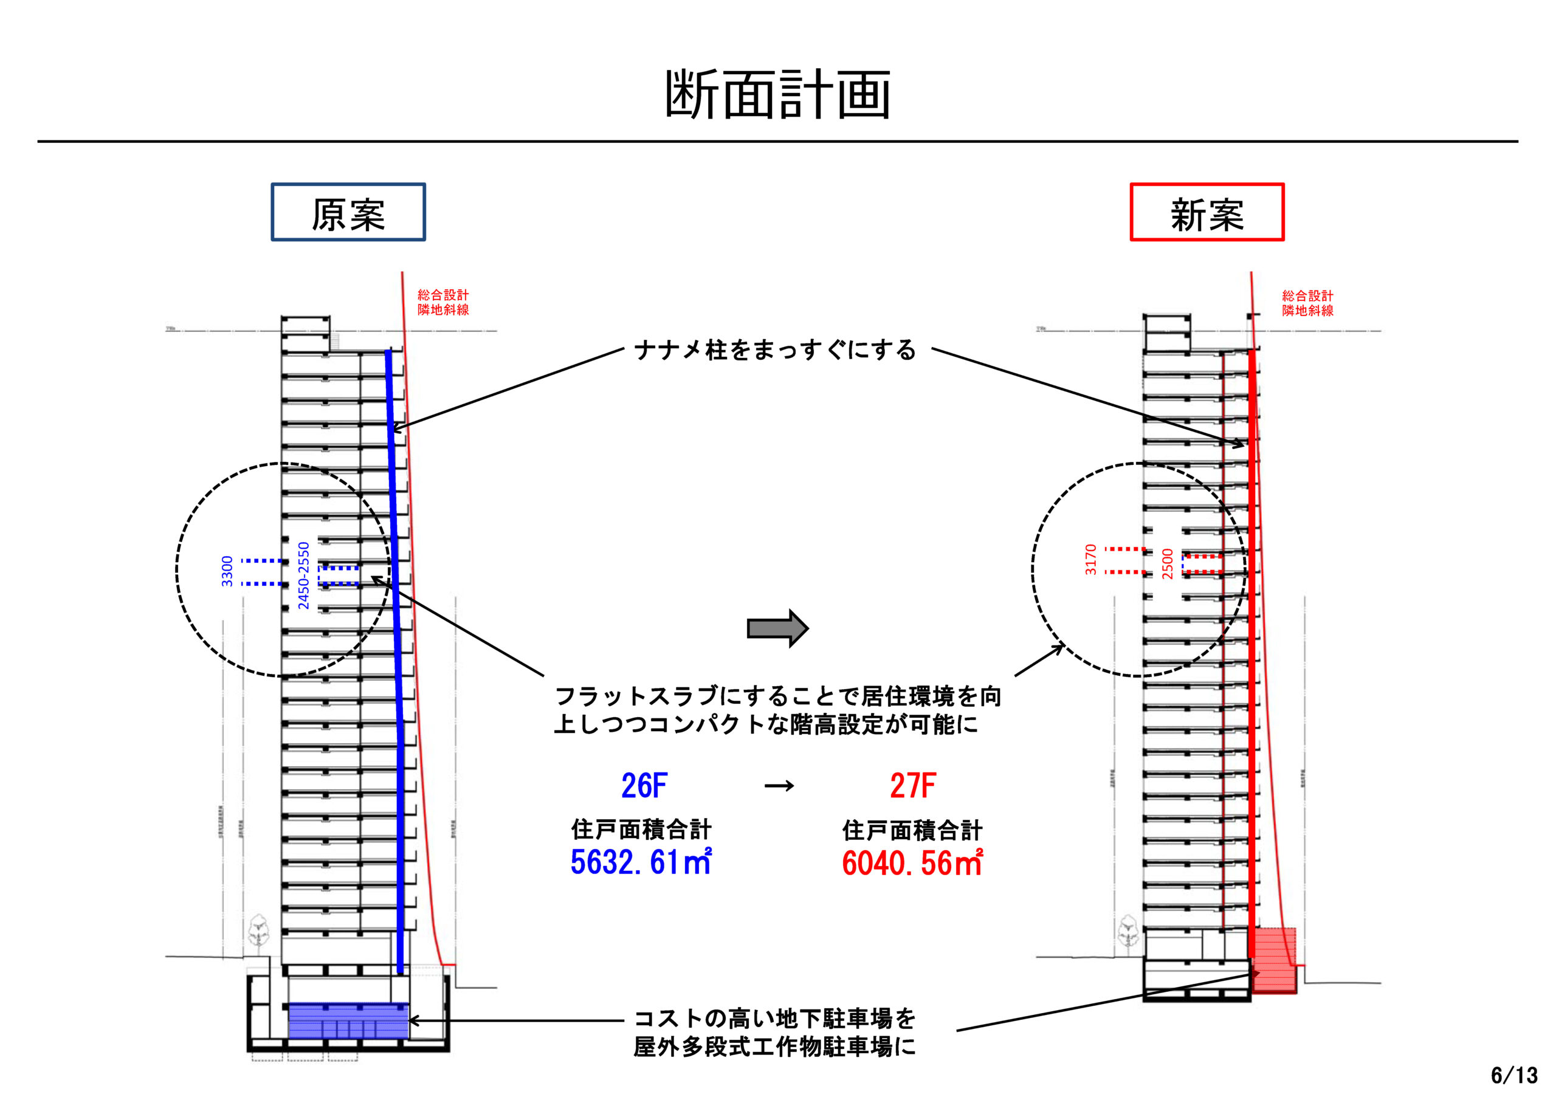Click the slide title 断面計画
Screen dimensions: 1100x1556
pos(777,94)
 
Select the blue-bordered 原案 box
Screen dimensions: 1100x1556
pos(348,212)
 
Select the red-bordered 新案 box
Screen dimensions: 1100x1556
pos(1207,212)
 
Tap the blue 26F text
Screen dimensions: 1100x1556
pos(644,786)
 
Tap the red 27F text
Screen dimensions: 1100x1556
pos(912,786)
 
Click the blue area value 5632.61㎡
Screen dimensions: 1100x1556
pos(641,862)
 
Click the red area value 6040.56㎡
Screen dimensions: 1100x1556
pos(912,863)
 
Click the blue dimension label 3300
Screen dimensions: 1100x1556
pos(227,571)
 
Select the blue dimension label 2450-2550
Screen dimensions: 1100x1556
pos(304,576)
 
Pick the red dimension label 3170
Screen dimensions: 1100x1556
pos(1090,560)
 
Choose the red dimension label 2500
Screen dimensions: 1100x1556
pos(1167,564)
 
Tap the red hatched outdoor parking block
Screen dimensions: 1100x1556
pos(1274,961)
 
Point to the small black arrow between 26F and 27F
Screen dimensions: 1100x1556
pos(779,786)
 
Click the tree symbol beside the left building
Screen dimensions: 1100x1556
pos(258,931)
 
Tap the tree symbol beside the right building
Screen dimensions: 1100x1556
pos(1127,931)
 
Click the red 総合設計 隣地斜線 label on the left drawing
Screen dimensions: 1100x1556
pos(443,302)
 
